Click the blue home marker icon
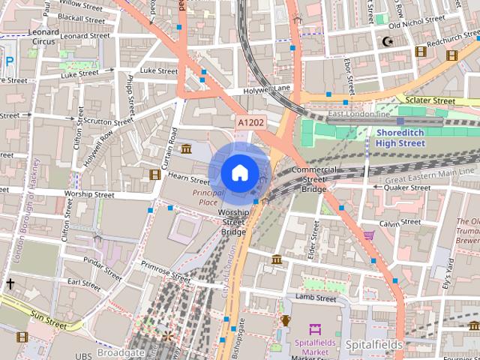[x=238, y=172]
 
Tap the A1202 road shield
[x=250, y=122]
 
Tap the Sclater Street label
[x=430, y=100]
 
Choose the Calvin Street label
[x=400, y=223]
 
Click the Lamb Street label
[x=316, y=298]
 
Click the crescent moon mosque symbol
[x=388, y=41]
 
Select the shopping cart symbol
[x=368, y=235]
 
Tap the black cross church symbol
[x=10, y=283]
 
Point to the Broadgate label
[x=121, y=352]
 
